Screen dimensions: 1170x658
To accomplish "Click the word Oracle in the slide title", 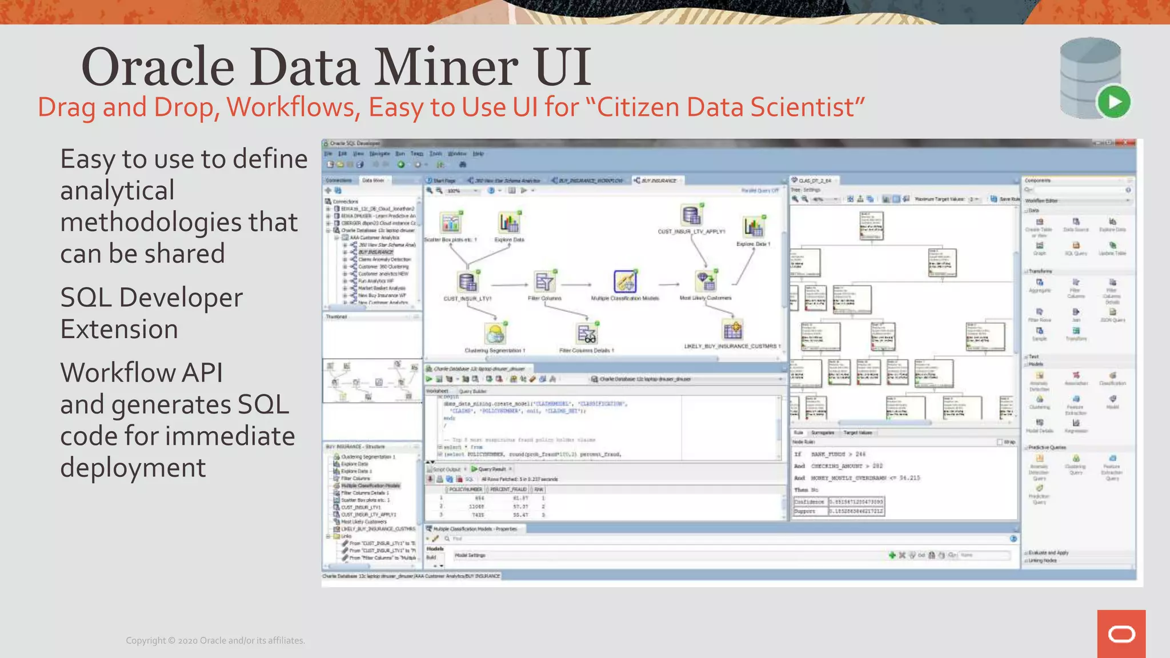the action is [x=158, y=67].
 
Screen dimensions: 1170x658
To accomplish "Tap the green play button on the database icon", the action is [x=1113, y=102].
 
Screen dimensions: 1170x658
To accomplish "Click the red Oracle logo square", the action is [x=1121, y=633].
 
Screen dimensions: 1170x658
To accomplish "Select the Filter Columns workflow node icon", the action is [x=544, y=282].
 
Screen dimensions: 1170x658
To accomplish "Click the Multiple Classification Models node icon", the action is [x=624, y=282].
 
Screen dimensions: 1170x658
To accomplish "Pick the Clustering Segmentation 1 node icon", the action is [x=495, y=334].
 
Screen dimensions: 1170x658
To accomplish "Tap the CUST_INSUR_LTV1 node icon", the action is [x=467, y=282].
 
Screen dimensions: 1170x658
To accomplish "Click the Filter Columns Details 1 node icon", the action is [x=587, y=334].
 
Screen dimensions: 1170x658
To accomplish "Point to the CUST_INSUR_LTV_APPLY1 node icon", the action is [x=691, y=215].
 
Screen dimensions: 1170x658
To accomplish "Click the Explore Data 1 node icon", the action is [x=753, y=227].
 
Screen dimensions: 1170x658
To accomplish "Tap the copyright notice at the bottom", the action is [x=215, y=641].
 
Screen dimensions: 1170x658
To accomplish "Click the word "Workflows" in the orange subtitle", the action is [x=293, y=107].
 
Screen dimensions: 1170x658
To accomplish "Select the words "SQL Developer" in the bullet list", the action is [x=151, y=298].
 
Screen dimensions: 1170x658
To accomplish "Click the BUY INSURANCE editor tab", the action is [x=658, y=180].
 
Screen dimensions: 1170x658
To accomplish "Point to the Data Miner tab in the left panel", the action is [x=373, y=180].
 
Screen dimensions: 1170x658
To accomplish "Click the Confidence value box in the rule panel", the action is [x=856, y=502].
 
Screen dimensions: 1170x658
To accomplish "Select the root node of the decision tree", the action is [x=871, y=225].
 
